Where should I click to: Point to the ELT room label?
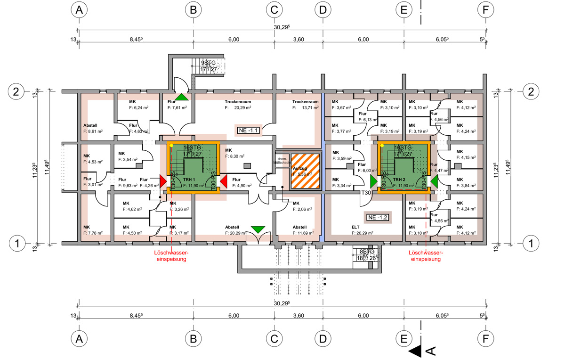click(355, 227)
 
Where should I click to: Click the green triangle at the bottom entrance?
click(258, 230)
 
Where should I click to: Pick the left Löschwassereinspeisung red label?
click(171, 256)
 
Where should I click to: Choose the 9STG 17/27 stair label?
click(208, 66)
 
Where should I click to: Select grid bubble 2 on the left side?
click(16, 91)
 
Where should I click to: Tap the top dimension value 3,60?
click(299, 40)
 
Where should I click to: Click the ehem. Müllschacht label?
click(282, 160)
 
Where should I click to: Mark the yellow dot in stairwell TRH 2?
click(382, 146)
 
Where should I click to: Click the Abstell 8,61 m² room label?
click(93, 129)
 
